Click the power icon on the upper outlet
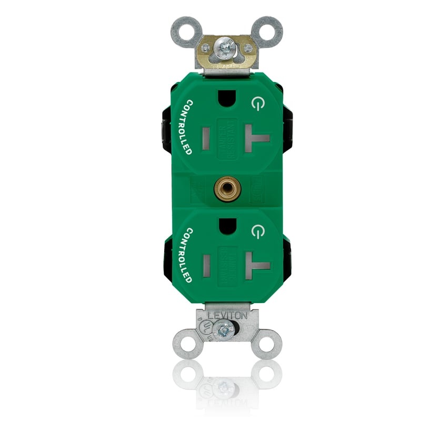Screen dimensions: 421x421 coord(256,104)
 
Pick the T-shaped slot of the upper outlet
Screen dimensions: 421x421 coord(256,140)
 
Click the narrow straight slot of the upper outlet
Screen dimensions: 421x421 coord(206,138)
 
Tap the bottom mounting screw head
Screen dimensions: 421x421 coord(226,330)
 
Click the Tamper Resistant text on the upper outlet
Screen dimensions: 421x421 coord(227,138)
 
